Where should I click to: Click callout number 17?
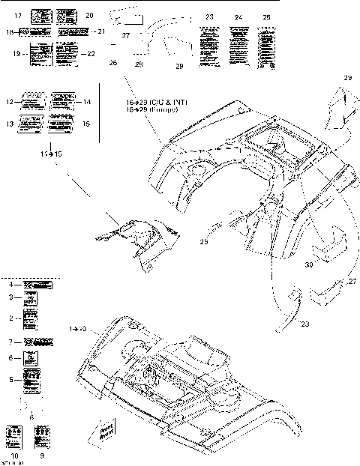pyautogui.click(x=18, y=15)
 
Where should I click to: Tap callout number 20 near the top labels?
pyautogui.click(x=89, y=15)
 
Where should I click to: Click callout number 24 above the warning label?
pyautogui.click(x=238, y=16)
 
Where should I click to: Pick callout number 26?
pyautogui.click(x=113, y=64)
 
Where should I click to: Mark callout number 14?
pyautogui.click(x=87, y=101)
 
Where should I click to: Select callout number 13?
pyautogui.click(x=10, y=124)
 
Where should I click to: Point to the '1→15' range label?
pyautogui.click(x=49, y=153)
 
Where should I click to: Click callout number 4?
pyautogui.click(x=11, y=285)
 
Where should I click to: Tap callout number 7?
pyautogui.click(x=11, y=342)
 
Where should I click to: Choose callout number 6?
pyautogui.click(x=11, y=359)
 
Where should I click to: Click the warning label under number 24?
pyautogui.click(x=239, y=46)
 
